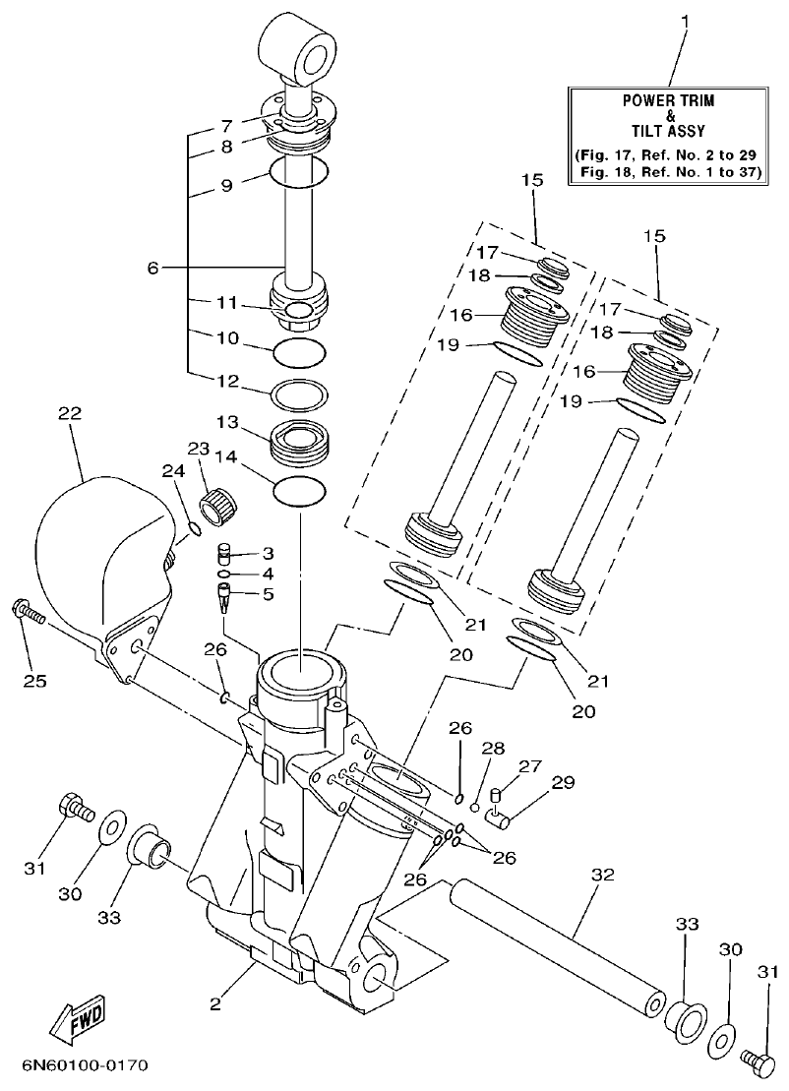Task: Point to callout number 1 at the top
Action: pos(686,19)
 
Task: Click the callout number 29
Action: pos(562,782)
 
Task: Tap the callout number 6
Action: pos(152,267)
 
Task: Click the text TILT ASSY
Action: pos(669,130)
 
